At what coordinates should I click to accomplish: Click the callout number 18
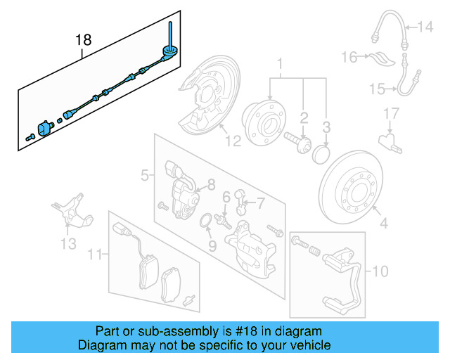point(84,40)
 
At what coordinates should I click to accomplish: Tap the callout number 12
point(233,140)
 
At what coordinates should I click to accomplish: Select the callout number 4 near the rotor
point(383,224)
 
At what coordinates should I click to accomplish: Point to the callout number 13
point(67,244)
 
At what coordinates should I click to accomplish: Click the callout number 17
point(391,113)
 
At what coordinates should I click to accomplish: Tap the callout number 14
point(426,28)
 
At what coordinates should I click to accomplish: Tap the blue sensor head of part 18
point(48,128)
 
